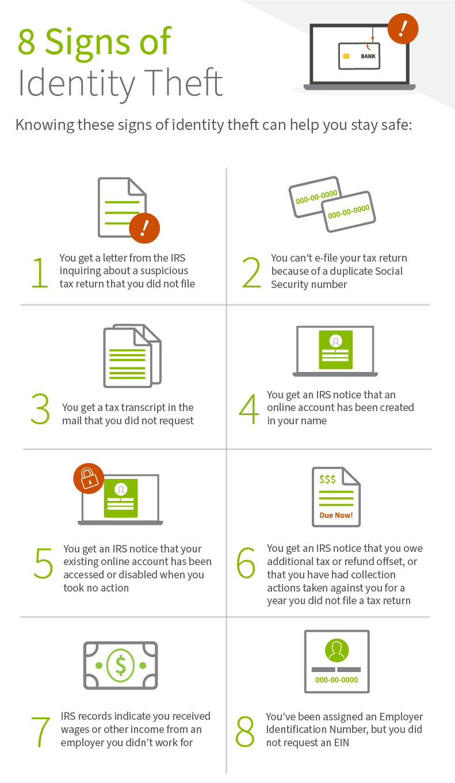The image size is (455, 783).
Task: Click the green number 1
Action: [40, 272]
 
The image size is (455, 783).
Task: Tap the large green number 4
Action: [248, 409]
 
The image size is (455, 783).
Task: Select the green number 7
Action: [41, 732]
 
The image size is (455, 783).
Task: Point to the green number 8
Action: [245, 731]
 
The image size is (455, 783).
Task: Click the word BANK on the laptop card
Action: [368, 56]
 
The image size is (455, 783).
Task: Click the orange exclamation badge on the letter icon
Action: [144, 228]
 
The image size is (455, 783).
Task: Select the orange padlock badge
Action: [89, 478]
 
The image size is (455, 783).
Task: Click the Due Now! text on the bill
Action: [336, 515]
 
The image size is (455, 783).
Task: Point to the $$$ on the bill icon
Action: [328, 479]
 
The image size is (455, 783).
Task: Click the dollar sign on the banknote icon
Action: [120, 665]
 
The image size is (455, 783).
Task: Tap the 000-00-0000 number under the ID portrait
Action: [337, 680]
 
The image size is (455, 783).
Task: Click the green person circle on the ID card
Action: [337, 650]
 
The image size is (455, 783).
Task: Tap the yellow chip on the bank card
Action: [346, 56]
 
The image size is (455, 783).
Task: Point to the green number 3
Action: [41, 409]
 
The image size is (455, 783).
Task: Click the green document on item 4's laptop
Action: [335, 350]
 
